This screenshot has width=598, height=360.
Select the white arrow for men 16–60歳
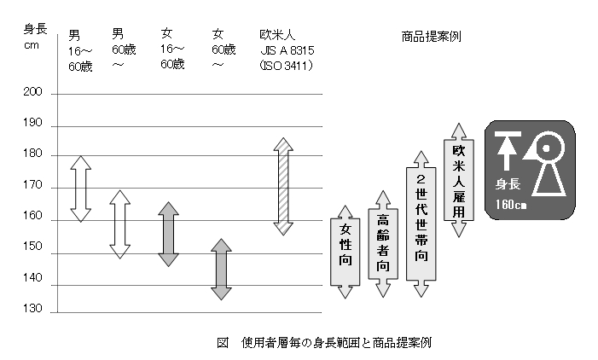coord(80,189)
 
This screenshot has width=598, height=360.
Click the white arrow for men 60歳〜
coord(120,224)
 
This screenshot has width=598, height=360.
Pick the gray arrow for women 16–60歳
coord(168,235)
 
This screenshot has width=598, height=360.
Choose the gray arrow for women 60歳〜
coord(221,270)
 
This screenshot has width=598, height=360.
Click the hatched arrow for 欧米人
coord(283,186)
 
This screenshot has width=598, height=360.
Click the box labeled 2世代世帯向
coord(421,224)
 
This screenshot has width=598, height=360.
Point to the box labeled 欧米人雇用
coord(459,179)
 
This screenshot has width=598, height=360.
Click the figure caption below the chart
coord(324,343)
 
